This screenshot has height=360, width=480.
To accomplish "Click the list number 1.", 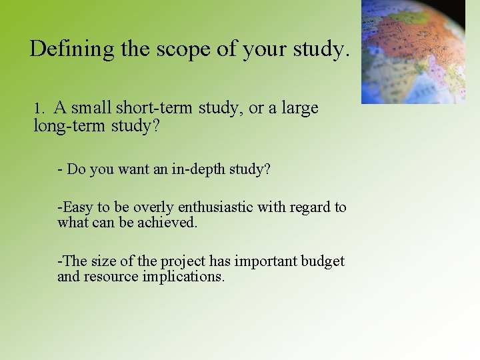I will point(39,108).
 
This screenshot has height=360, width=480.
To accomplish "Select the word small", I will point(91,107).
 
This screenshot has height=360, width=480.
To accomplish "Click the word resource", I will point(112,276).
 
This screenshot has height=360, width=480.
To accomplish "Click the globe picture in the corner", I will point(413,51).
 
